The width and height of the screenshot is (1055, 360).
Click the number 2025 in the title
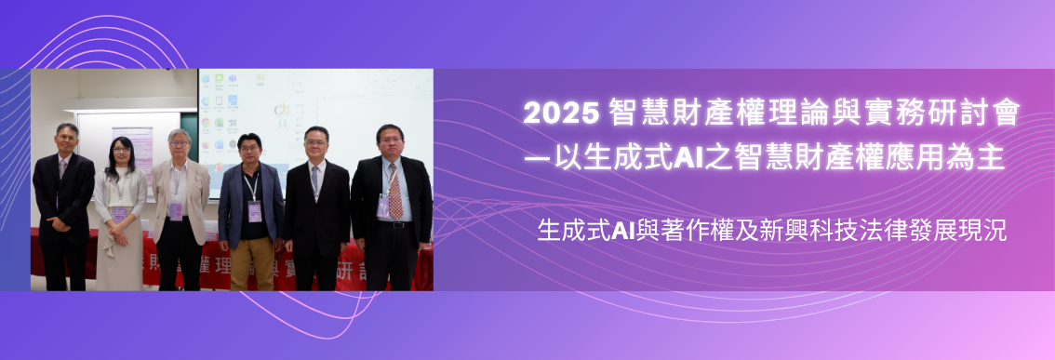(561, 115)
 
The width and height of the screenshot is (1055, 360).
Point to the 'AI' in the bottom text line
(622, 231)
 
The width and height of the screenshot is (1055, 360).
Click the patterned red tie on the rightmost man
(395, 191)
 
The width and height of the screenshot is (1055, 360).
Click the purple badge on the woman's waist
(119, 214)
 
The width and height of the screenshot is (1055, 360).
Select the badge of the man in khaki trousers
(254, 210)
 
